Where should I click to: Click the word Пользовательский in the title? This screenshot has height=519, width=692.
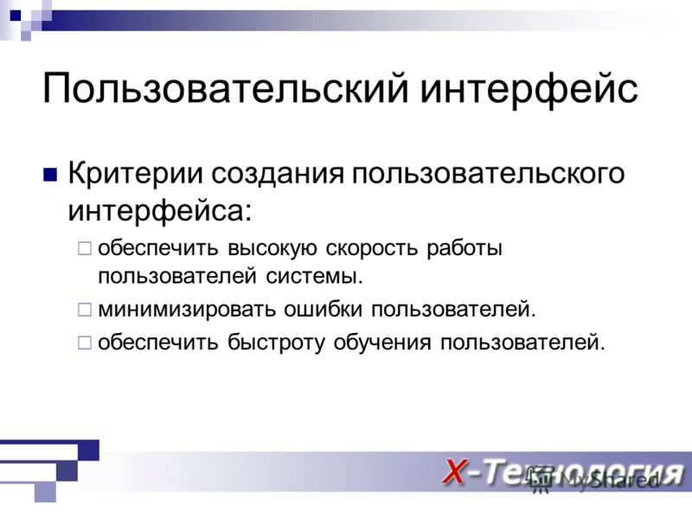pyautogui.click(x=226, y=88)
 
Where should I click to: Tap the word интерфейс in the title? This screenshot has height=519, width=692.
pyautogui.click(x=529, y=88)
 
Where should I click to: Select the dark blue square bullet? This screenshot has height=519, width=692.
pyautogui.click(x=50, y=175)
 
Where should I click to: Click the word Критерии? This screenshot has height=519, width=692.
pyautogui.click(x=135, y=173)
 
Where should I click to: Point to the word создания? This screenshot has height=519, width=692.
pyautogui.click(x=277, y=174)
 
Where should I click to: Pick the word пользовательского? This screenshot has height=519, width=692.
pyautogui.click(x=488, y=174)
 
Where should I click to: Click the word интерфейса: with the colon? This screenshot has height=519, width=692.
pyautogui.click(x=160, y=210)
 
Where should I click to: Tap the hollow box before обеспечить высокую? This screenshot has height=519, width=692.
pyautogui.click(x=84, y=248)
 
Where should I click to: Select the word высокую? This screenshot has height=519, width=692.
pyautogui.click(x=272, y=248)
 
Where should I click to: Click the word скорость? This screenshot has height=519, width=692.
pyautogui.click(x=372, y=248)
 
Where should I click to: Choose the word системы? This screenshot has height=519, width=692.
pyautogui.click(x=314, y=277)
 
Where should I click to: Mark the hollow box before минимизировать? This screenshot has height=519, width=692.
pyautogui.click(x=84, y=310)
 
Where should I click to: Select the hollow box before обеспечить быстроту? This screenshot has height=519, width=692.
pyautogui.click(x=84, y=343)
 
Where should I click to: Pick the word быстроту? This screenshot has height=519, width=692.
pyautogui.click(x=276, y=343)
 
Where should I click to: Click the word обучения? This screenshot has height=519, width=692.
pyautogui.click(x=382, y=343)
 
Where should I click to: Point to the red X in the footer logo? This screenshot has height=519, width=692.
pyautogui.click(x=455, y=472)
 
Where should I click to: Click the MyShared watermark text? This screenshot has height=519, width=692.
pyautogui.click(x=610, y=480)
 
